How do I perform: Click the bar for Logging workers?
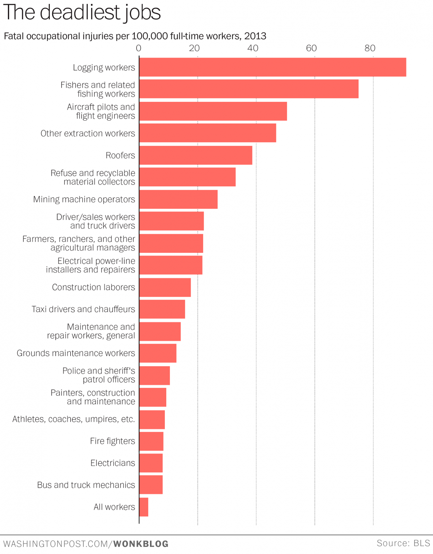click(273, 67)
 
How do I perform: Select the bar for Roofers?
click(196, 155)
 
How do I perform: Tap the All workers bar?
click(144, 507)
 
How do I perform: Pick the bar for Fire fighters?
click(151, 441)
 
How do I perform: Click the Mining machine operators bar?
click(178, 199)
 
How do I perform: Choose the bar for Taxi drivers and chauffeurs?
click(162, 309)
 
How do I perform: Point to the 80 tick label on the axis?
click(370, 48)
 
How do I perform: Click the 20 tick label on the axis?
click(194, 48)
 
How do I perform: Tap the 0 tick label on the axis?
click(139, 48)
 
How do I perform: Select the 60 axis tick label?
click(311, 48)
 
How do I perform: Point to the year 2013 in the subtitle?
click(255, 36)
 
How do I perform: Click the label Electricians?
click(113, 463)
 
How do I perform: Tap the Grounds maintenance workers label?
click(76, 353)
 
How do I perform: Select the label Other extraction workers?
click(88, 133)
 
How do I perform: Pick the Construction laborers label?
click(94, 287)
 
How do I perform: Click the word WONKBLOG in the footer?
click(141, 544)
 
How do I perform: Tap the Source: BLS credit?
click(403, 543)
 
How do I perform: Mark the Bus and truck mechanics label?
click(86, 485)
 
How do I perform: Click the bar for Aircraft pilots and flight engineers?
click(213, 111)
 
